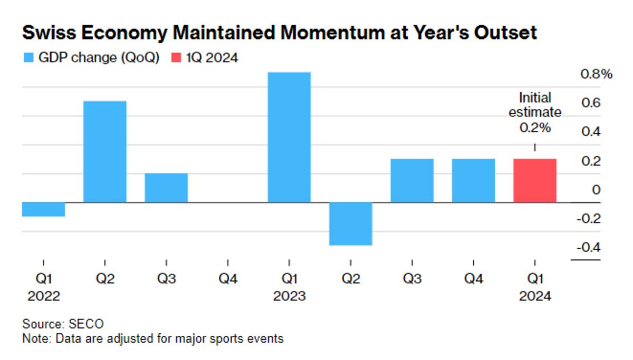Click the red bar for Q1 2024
pyautogui.click(x=534, y=180)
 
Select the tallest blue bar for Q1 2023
pyautogui.click(x=289, y=137)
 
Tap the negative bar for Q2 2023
pyautogui.click(x=351, y=223)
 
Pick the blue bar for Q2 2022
pyautogui.click(x=105, y=151)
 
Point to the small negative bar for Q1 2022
pyautogui.click(x=43, y=209)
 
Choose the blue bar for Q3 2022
pyautogui.click(x=166, y=188)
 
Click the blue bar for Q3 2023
pyautogui.click(x=412, y=180)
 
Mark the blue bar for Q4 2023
pyautogui.click(x=473, y=180)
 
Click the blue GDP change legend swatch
pyautogui.click(x=28, y=58)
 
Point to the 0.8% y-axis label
pyautogui.click(x=596, y=74)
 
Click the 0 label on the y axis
pyautogui.click(x=596, y=190)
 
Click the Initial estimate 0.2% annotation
pyautogui.click(x=535, y=113)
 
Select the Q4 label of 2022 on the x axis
pyautogui.click(x=228, y=279)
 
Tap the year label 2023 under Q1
pyautogui.click(x=289, y=296)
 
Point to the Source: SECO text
pyautogui.click(x=63, y=324)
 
